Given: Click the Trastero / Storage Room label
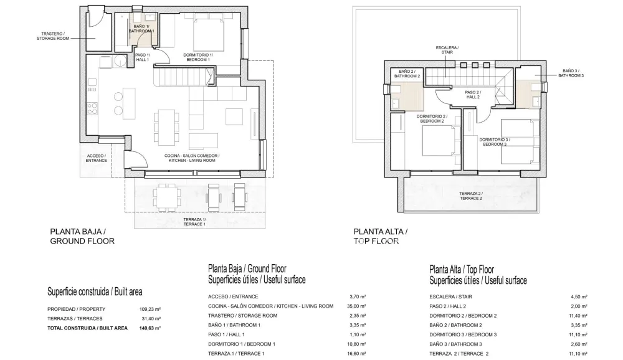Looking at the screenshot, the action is point(53,36).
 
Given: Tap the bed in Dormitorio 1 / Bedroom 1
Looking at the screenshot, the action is point(209,35).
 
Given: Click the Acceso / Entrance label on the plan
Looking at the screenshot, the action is point(96,158).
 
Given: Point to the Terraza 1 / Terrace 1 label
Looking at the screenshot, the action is point(194,222).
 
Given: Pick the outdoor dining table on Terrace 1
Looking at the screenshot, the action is point(166,197).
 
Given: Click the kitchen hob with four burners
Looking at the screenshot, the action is point(92,108).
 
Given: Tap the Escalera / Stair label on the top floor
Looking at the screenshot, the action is point(447,50).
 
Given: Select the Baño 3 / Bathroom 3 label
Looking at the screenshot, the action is point(571,73).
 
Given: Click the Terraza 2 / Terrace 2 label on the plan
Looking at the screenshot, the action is point(471,196).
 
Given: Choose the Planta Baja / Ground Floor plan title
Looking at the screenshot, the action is point(82,237).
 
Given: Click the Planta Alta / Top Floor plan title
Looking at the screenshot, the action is point(380,237).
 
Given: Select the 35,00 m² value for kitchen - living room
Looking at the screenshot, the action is point(358,306).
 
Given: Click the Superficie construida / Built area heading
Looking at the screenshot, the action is point(95,292).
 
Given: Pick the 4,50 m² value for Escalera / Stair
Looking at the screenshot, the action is point(580,296).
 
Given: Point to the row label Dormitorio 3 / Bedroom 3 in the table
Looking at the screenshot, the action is point(463,334).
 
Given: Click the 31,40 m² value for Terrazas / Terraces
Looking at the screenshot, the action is point(152,319).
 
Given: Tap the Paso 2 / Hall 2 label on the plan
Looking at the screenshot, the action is point(473,95).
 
